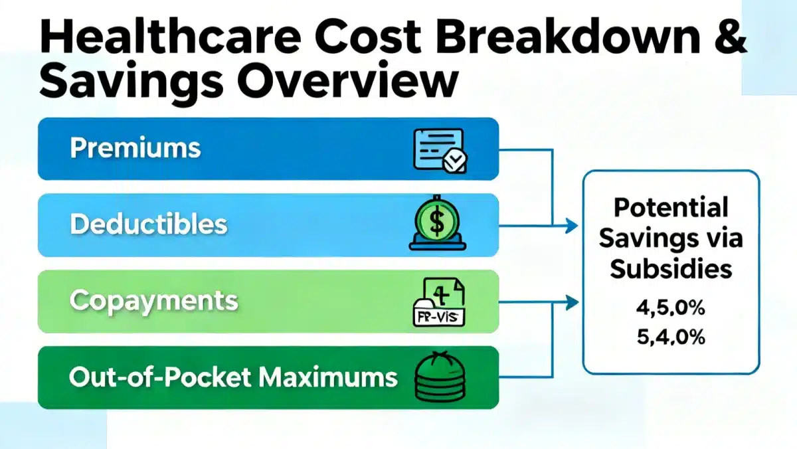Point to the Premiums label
pyautogui.click(x=135, y=148)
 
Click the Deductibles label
pyautogui.click(x=148, y=224)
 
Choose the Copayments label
pyautogui.click(x=153, y=300)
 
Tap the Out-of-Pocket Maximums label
pyautogui.click(x=233, y=377)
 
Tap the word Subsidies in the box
pyautogui.click(x=671, y=268)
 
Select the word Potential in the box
pyautogui.click(x=671, y=207)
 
